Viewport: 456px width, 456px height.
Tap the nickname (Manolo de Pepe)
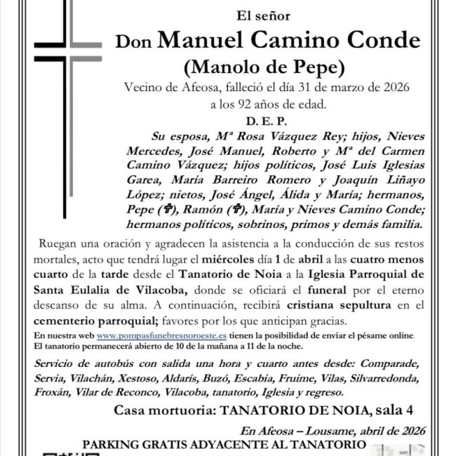[263, 67]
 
